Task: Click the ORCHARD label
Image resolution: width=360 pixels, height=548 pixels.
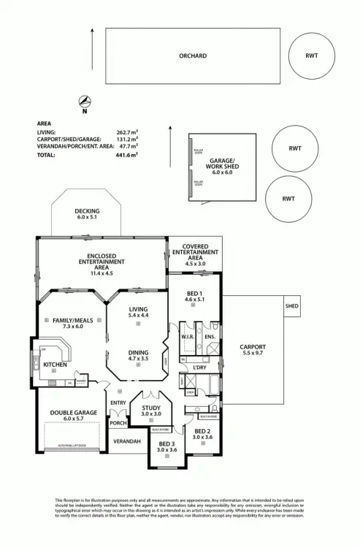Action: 193,56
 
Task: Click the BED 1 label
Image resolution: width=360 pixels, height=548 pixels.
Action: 194,295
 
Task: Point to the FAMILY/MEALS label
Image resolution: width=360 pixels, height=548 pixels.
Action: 69,323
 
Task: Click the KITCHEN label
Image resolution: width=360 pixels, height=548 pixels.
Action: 55,364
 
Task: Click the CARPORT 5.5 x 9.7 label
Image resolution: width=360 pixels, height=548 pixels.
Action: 253,350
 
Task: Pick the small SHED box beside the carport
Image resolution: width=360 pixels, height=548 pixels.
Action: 292,306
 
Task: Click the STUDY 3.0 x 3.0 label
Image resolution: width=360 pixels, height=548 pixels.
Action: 150,411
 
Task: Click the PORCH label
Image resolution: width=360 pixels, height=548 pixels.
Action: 118,422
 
